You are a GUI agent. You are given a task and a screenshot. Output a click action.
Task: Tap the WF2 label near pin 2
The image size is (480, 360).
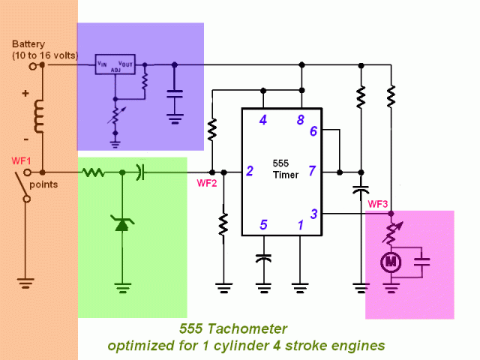click(206, 182)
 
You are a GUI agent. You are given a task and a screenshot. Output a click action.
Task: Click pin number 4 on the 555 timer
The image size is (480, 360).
click(263, 120)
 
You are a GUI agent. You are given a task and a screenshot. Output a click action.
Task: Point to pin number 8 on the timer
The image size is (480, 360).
click(301, 120)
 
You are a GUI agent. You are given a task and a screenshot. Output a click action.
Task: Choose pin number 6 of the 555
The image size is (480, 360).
click(313, 131)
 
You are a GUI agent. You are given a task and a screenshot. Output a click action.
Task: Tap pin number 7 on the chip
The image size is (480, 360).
click(313, 172)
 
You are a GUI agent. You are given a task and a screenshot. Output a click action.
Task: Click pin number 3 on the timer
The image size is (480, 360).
click(313, 214)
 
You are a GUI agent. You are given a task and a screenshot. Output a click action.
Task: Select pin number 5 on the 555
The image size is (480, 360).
click(263, 223)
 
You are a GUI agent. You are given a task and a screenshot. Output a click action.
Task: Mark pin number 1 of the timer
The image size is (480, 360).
click(301, 223)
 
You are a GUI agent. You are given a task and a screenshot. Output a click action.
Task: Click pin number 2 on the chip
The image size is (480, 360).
click(249, 172)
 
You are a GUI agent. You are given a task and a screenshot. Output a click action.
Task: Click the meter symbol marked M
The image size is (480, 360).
click(390, 262)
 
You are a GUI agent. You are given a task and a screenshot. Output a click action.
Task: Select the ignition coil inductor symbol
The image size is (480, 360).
click(38, 117)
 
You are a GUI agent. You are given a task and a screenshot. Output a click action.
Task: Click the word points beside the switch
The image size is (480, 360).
click(43, 184)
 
